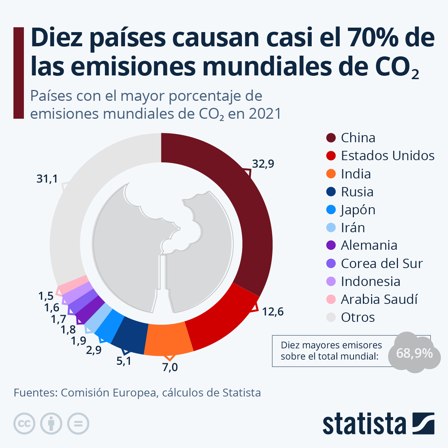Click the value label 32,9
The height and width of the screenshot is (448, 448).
pos(263,164)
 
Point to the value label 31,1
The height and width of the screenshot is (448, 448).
pos(47,179)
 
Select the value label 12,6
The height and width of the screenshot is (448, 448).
pos(273,311)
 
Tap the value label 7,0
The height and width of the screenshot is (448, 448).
pos(170,367)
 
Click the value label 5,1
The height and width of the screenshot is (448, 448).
pos(124,361)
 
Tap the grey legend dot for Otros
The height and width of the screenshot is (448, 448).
pos(331,317)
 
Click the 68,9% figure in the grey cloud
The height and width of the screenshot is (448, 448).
pos(414,353)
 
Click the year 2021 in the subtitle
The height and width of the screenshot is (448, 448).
pos(265,114)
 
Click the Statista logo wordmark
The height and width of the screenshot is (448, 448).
pos(364,424)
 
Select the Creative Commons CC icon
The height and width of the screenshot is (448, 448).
pos(24,424)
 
